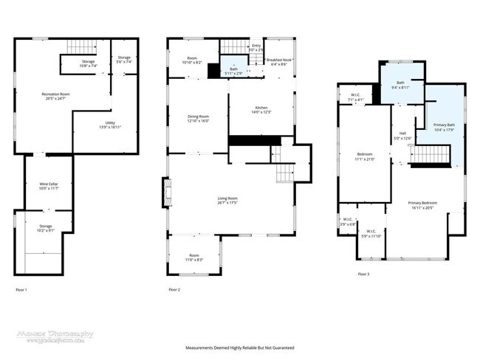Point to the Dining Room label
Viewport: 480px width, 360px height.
[x=199, y=118]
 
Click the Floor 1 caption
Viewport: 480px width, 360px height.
[x=21, y=290]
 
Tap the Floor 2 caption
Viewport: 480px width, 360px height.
[x=174, y=290]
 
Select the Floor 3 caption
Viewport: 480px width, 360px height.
[x=363, y=274]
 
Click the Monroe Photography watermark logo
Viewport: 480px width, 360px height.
[x=55, y=336]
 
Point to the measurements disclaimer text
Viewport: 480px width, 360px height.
[x=239, y=347]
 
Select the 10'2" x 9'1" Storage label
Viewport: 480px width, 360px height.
[x=46, y=228]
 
